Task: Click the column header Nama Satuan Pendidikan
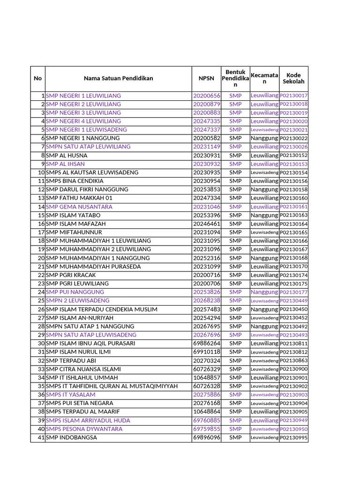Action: coord(118,78)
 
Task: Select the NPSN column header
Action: coord(206,78)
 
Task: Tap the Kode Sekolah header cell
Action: coord(293,78)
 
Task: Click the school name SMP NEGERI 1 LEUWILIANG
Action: coord(83,96)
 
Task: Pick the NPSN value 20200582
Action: coord(206,138)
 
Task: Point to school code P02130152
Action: coord(293,155)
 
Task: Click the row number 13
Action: coord(41,198)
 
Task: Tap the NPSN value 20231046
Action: coord(206,207)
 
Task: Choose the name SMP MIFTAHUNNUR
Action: coord(74,232)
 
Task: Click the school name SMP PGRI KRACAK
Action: coord(71,275)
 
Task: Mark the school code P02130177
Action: coord(293,292)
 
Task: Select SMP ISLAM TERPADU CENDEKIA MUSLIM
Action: coord(102,309)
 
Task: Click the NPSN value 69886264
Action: coord(206,343)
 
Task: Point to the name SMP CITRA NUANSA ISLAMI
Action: coord(83,369)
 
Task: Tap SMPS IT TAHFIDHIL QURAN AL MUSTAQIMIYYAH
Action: coord(112,386)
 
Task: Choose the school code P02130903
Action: coord(293,395)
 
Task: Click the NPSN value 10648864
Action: coord(206,412)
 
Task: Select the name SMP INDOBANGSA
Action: coord(72,437)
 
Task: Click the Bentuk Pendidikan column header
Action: coord(235,78)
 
